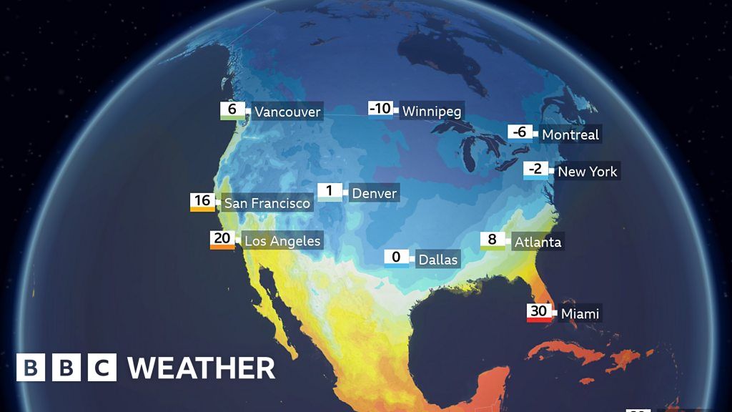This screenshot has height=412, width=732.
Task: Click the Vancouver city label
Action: pos(287,112)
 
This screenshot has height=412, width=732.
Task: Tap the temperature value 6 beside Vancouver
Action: pos(232,110)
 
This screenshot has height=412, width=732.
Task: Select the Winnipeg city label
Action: pos(432,111)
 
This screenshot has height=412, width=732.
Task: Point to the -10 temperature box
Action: pos(380,109)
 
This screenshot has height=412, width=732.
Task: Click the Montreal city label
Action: pos(570,134)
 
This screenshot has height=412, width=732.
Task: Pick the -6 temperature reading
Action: pos(520,132)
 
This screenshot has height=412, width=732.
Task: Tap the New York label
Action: pos(587,171)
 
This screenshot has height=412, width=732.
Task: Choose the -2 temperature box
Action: pos(536,170)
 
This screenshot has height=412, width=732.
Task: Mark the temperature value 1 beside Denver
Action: pos(330,191)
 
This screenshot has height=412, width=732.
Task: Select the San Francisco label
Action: pos(267,203)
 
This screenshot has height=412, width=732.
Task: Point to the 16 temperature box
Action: pos(202,201)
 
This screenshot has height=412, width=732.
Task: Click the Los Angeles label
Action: pos(282,240)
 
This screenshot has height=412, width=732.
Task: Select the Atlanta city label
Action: pos(538,242)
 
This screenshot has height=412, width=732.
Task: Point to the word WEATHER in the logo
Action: pos(202,368)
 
